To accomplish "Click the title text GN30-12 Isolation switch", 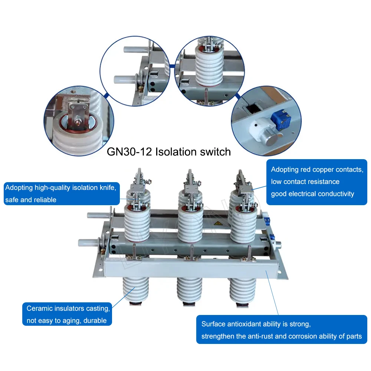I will point(169,152).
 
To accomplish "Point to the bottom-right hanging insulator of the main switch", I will point(242,291).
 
